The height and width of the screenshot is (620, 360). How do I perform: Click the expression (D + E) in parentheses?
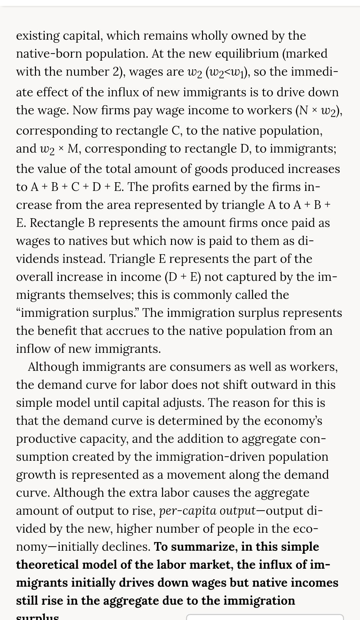(x=183, y=277)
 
